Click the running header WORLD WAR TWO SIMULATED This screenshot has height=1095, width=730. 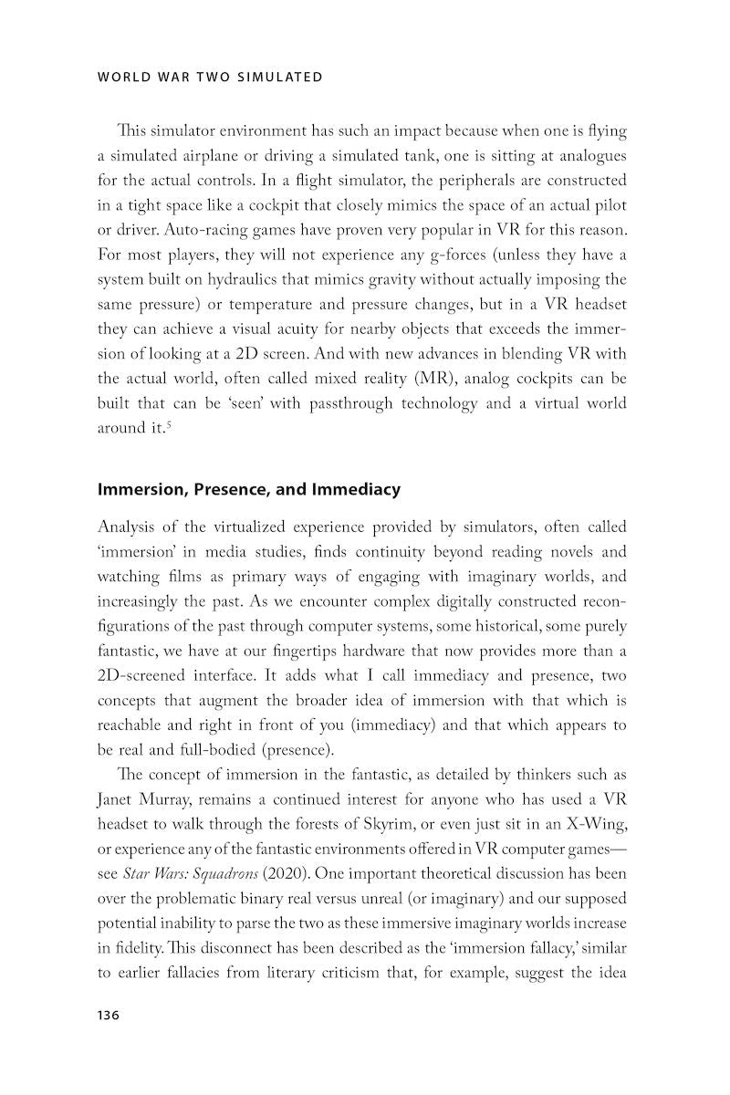click(209, 77)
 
